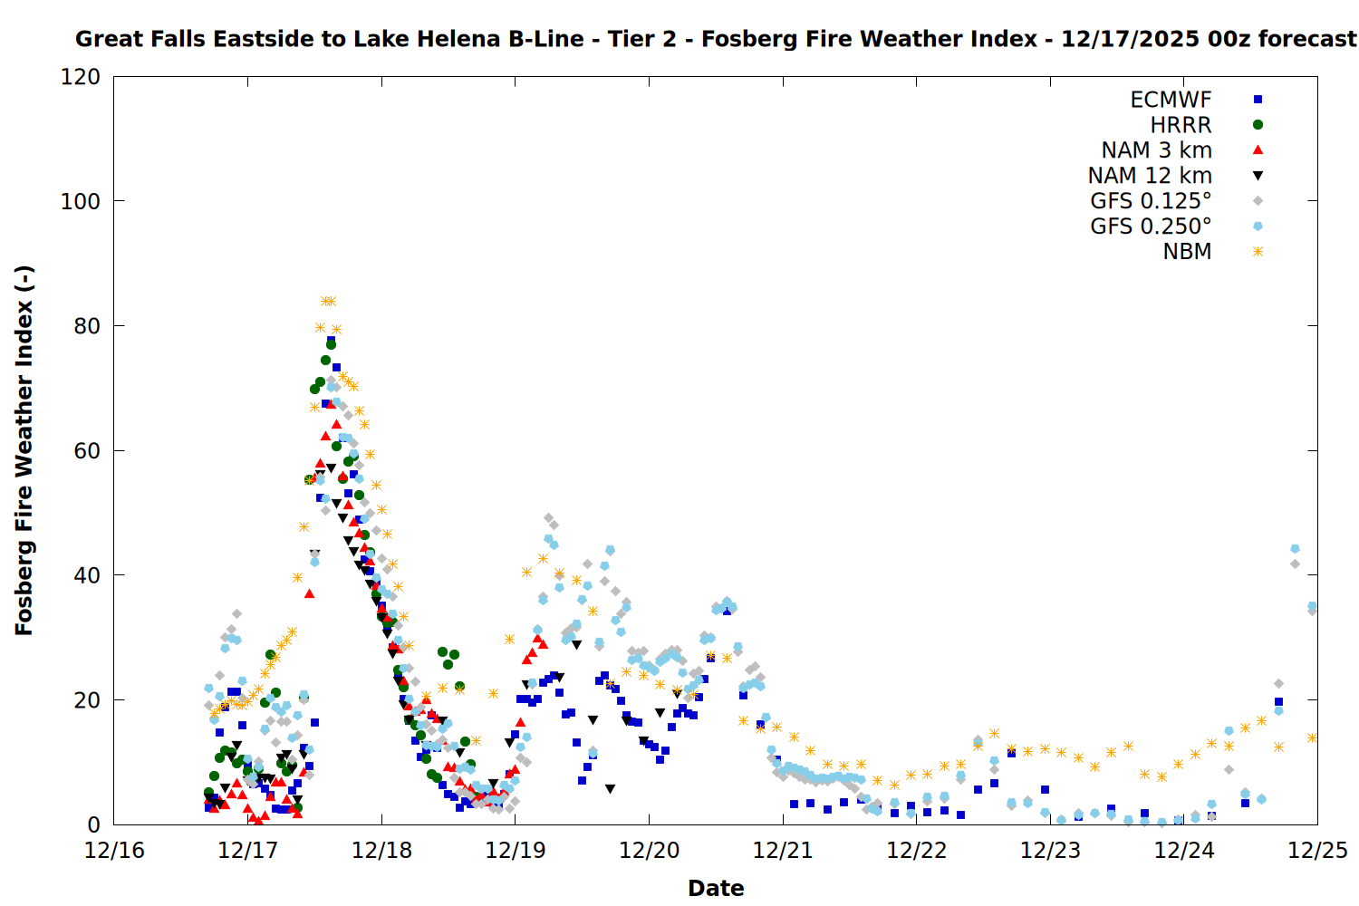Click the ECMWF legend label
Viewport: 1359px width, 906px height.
tap(1171, 100)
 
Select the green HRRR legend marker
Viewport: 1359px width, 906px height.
tap(1258, 125)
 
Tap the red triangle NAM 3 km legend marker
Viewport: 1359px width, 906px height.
tap(1258, 149)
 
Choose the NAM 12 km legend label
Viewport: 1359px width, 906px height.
tap(1150, 176)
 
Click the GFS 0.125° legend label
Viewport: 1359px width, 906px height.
tap(1151, 201)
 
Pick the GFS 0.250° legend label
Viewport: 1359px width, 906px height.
tap(1151, 226)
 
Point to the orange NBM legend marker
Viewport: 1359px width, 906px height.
tap(1258, 252)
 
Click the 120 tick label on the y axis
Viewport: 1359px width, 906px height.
tap(81, 77)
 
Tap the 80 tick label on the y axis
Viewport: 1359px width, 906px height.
tap(87, 326)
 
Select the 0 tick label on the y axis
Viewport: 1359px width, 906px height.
tap(94, 825)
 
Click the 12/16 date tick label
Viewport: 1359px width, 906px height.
tap(114, 851)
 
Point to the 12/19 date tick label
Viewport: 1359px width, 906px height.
tap(516, 851)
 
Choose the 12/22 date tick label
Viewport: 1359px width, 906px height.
tap(917, 851)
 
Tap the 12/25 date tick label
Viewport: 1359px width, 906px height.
tap(1318, 851)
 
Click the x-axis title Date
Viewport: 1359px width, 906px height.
tap(716, 888)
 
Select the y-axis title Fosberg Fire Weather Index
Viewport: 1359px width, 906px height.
tap(24, 450)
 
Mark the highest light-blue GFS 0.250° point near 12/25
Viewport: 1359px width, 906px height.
tap(1295, 549)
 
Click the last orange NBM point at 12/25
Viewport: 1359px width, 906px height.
tap(1312, 737)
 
